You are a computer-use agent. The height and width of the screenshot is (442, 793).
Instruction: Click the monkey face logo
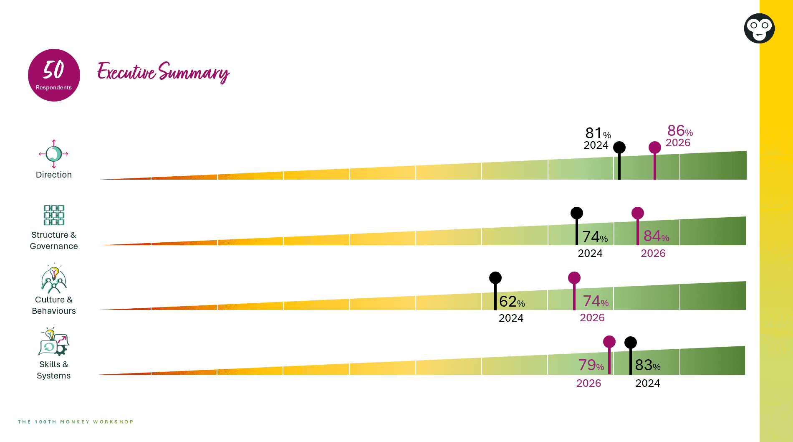[x=759, y=28]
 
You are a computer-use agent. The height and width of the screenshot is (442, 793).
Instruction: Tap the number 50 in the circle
[x=53, y=70]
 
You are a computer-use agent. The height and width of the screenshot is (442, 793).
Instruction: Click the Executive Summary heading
[x=163, y=72]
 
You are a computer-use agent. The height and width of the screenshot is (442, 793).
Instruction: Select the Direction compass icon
[x=54, y=154]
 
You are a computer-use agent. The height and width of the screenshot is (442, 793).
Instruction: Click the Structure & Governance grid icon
[x=54, y=215]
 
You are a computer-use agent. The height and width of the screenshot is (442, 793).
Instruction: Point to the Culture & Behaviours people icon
[x=54, y=279]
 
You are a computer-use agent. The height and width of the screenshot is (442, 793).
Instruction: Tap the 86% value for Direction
[x=679, y=131]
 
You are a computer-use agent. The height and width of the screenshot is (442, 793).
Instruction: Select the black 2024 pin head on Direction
[x=619, y=147]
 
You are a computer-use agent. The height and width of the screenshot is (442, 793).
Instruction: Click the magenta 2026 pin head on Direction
[x=655, y=147]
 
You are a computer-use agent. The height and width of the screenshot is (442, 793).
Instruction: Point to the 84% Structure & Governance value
[x=656, y=236]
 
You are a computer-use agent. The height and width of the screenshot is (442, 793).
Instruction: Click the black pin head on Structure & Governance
[x=577, y=213]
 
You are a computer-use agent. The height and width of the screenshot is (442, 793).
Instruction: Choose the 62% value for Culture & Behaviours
[x=512, y=301]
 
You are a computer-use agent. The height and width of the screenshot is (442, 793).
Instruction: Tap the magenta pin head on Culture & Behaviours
[x=574, y=278]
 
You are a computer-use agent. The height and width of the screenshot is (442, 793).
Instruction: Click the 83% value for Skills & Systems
[x=647, y=365]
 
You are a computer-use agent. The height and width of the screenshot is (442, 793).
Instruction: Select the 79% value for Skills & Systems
[x=591, y=365]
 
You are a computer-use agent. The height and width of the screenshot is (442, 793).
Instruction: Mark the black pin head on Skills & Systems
[x=631, y=343]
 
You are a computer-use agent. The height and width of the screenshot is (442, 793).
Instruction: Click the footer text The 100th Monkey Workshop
[x=76, y=422]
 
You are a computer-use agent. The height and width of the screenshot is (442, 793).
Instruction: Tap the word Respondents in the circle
[x=54, y=87]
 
